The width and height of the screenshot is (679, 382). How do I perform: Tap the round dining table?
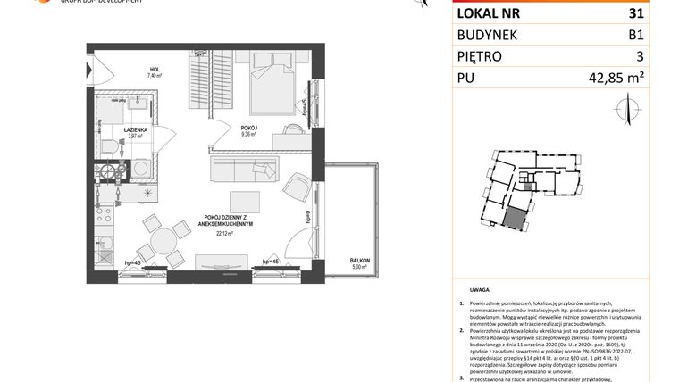(x=162, y=243)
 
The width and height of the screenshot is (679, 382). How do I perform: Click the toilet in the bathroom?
(x=106, y=144)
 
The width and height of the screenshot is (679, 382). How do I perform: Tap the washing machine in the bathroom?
(x=142, y=167)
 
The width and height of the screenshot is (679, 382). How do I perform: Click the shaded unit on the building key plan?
(x=516, y=220)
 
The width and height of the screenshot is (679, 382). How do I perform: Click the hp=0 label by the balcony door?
(x=306, y=217)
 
